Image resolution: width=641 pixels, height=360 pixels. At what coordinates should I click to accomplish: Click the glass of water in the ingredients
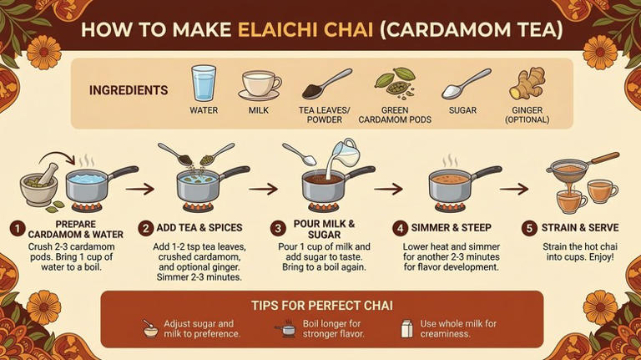tap(204, 83)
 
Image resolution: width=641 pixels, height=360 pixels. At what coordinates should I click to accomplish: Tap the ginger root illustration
tap(527, 84)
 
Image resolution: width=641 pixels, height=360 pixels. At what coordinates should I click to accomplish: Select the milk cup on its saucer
tap(260, 85)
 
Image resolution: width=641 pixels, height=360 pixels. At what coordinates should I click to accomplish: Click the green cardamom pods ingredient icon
tap(395, 84)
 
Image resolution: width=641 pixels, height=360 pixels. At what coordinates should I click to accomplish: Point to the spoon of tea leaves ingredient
tap(326, 84)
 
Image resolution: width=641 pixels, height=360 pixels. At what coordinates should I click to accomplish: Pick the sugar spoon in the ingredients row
tap(466, 84)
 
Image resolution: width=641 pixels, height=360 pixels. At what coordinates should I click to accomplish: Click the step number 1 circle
tap(18, 229)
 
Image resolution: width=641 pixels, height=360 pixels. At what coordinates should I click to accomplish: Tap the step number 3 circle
tap(278, 228)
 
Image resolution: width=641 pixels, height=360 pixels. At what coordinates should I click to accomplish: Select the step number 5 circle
tap(529, 228)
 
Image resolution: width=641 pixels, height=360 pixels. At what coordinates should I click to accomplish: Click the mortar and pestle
tap(40, 186)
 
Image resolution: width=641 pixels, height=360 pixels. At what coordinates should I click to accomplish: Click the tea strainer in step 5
tap(581, 167)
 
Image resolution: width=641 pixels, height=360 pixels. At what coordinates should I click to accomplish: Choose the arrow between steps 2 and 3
tap(263, 189)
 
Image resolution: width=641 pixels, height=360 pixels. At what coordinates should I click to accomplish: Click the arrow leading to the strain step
tap(514, 189)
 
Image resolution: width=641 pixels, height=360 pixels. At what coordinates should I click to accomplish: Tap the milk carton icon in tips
tap(406, 328)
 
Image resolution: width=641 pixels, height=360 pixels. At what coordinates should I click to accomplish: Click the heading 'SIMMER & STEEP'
tap(452, 228)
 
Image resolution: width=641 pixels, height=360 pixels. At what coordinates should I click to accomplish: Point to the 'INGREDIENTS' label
tap(129, 90)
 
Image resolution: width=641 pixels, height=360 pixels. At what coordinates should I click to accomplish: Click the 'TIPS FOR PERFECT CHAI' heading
tap(321, 305)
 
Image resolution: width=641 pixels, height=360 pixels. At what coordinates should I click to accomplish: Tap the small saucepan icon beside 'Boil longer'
tap(285, 328)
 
